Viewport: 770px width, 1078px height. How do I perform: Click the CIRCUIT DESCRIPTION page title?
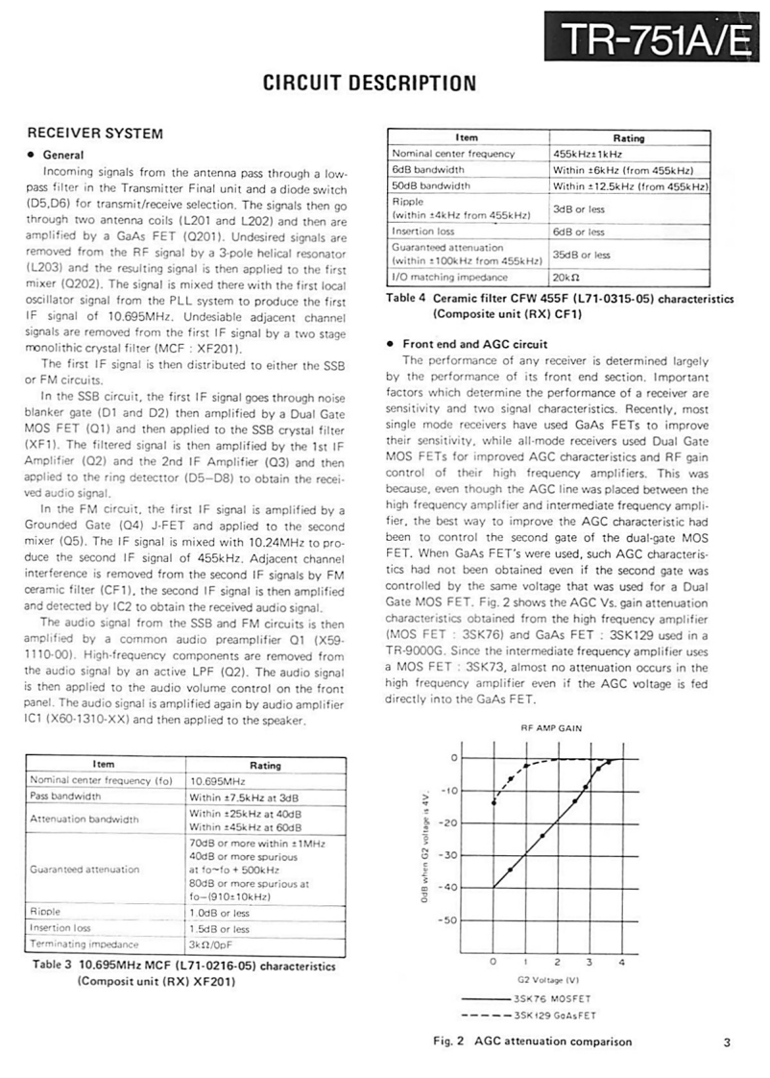tap(370, 84)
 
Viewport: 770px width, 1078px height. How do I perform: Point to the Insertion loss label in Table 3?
tap(61, 928)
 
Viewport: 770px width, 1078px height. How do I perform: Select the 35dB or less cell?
tap(582, 255)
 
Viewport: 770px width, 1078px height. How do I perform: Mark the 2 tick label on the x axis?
tap(558, 961)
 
